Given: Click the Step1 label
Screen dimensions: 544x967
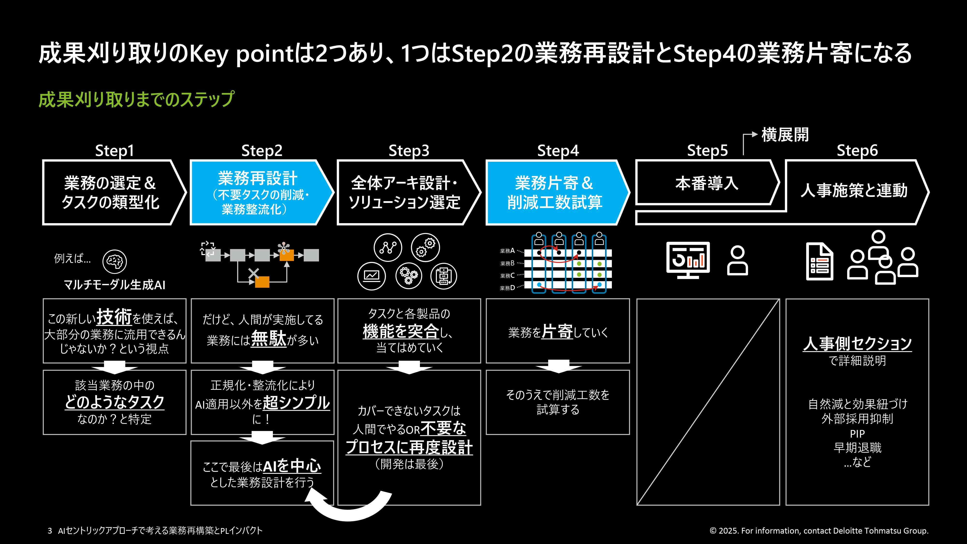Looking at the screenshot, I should (115, 151).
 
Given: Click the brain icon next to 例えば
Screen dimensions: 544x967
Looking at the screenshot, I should (115, 261).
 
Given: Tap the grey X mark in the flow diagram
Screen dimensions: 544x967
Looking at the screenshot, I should (254, 273).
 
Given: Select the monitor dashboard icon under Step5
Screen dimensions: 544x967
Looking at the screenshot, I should (688, 260).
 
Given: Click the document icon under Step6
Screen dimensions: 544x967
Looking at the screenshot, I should (820, 262).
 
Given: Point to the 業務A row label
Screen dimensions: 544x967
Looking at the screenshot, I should (507, 251).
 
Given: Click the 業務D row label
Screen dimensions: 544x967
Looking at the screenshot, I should (507, 288).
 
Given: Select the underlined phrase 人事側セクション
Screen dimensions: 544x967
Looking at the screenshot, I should (857, 343).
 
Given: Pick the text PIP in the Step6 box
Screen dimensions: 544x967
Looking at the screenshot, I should (857, 434).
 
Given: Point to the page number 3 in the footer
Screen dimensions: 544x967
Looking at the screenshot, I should (50, 530).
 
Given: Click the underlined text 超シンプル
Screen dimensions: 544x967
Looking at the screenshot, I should (296, 403).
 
